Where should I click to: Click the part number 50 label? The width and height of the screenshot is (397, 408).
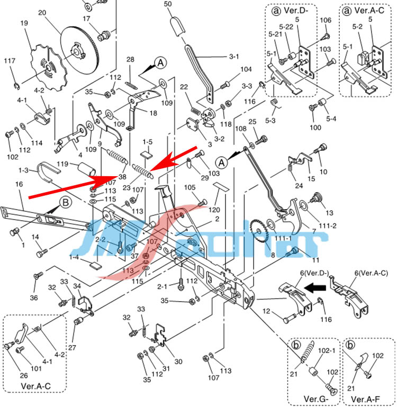click(x=168, y=4)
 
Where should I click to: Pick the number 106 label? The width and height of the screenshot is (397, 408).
click(x=326, y=20)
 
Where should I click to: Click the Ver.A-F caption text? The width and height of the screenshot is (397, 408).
click(x=365, y=398)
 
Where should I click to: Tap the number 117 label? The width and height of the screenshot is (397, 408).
click(x=10, y=61)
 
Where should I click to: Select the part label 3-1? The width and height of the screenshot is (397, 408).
click(x=234, y=57)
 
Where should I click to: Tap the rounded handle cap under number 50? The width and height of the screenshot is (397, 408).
click(x=176, y=25)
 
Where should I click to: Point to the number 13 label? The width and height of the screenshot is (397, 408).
click(x=329, y=213)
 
